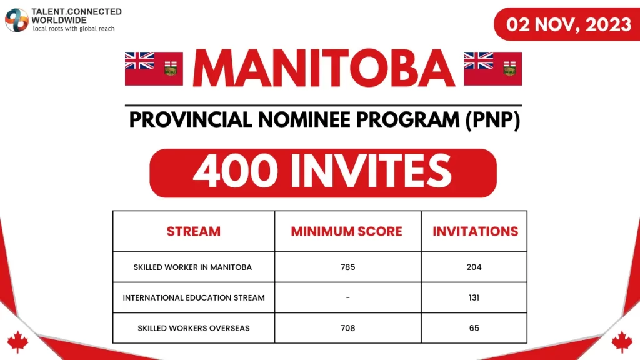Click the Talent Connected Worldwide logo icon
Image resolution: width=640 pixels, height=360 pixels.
coord(17,20)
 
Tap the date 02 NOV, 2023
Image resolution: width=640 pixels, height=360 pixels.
coord(568,24)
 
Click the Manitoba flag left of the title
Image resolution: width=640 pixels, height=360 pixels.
coord(154,68)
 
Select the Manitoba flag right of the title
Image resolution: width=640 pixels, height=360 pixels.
coord(492,68)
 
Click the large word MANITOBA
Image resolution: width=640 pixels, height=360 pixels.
coord(323,68)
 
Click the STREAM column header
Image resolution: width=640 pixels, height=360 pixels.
coord(194,231)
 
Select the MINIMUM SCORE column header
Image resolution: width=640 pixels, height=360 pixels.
coord(347,231)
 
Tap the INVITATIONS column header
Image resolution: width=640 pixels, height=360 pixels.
coord(475,231)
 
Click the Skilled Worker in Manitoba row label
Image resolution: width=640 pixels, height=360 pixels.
coord(192,267)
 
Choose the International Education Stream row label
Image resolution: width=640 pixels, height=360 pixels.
coord(194,297)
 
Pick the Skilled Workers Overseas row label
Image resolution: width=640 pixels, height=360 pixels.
coord(193,328)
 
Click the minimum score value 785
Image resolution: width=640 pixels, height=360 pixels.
coord(347,267)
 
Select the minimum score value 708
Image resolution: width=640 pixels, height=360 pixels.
coord(347,328)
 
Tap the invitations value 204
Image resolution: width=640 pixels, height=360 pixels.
coord(474,267)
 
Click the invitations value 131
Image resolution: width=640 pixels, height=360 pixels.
coord(474,297)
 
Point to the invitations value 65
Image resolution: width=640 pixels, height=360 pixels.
coord(474,328)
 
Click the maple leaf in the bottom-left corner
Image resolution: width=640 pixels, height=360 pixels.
coord(17,342)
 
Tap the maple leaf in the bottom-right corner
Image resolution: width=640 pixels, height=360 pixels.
coord(622,342)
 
